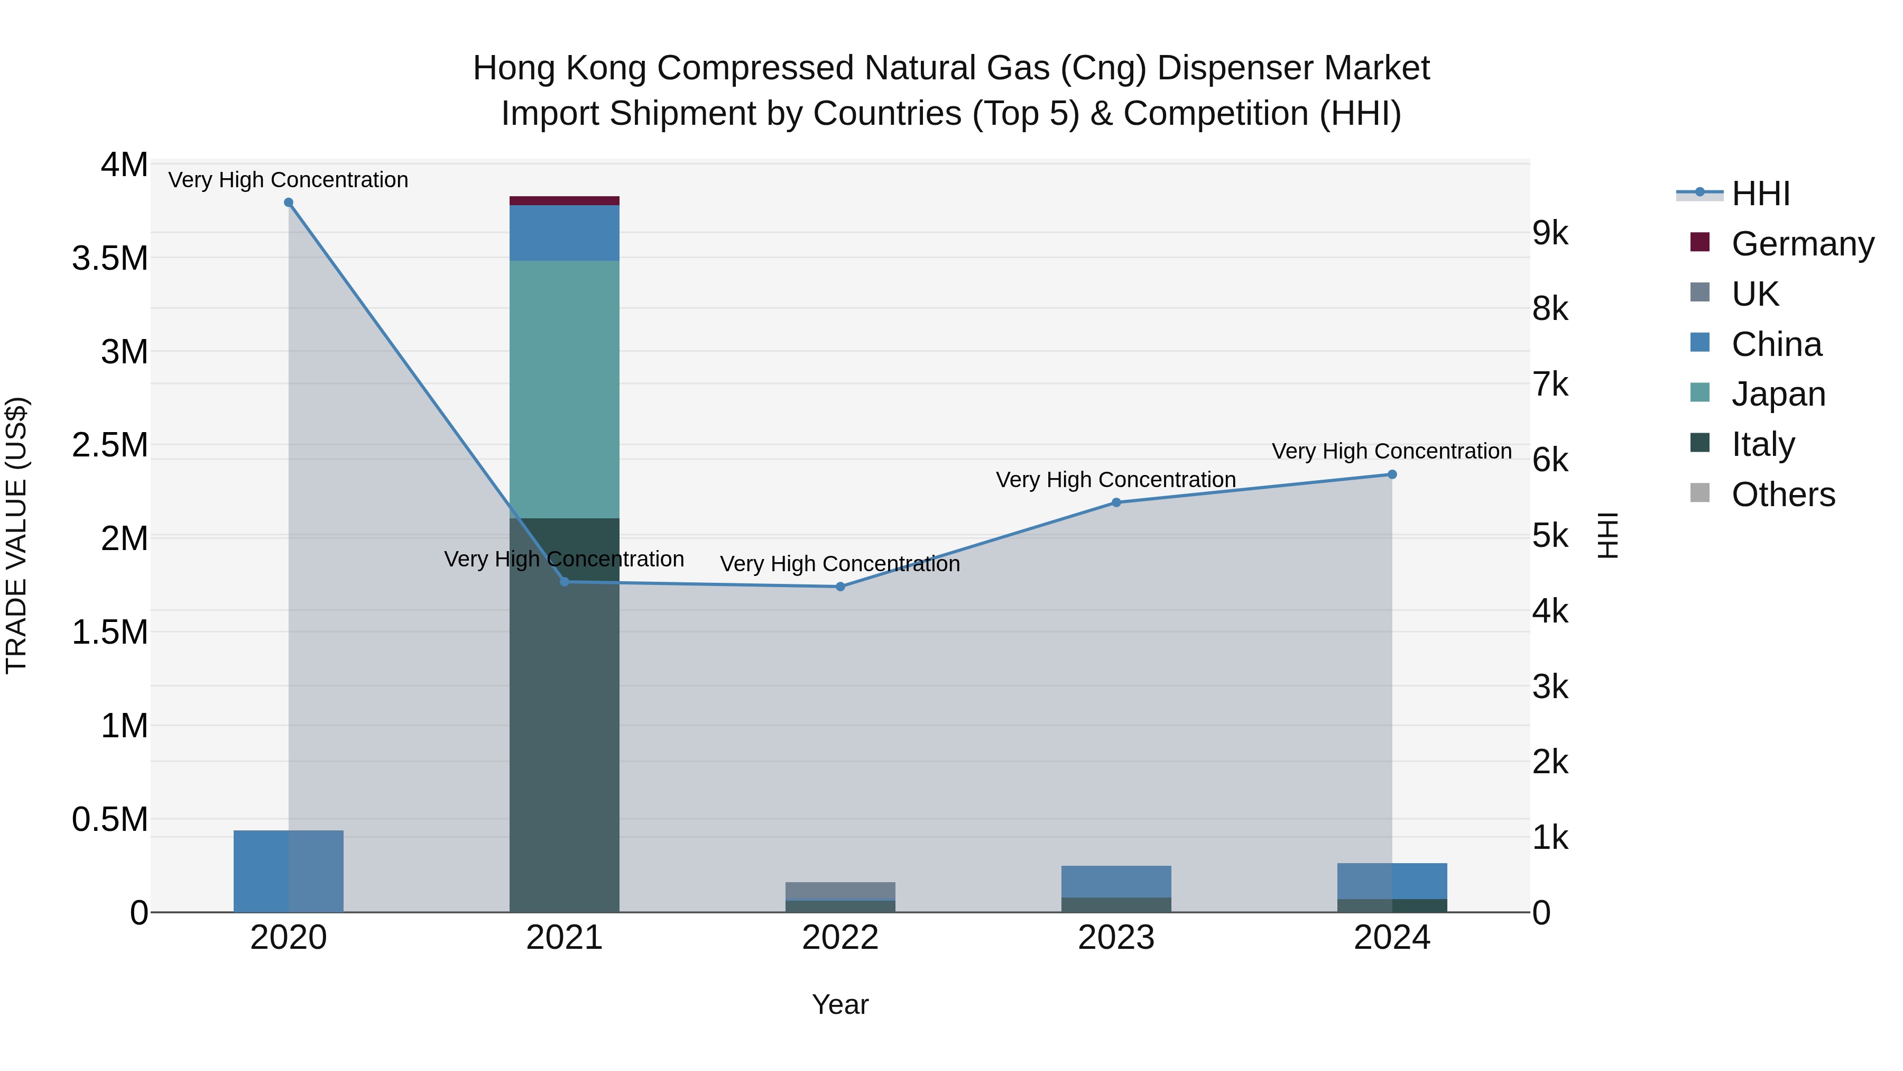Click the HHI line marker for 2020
(288, 203)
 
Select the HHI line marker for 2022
(840, 587)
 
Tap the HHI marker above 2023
(1116, 502)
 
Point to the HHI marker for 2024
(1392, 474)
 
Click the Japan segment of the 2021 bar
(565, 389)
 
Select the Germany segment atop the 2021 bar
(565, 201)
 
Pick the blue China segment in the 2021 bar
(565, 233)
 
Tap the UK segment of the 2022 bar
(840, 891)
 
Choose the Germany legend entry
(1803, 244)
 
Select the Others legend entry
(1782, 495)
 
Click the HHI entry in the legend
(1760, 194)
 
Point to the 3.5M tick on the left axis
(109, 259)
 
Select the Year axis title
(840, 1004)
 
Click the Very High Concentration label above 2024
(1392, 451)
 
